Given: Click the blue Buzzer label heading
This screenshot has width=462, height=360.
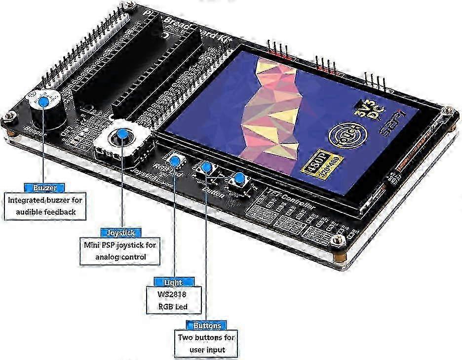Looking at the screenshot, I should pos(45,188).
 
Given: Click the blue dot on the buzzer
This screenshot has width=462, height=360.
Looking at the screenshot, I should pos(44,102).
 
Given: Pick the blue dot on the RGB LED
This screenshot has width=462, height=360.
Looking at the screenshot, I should pos(174,160).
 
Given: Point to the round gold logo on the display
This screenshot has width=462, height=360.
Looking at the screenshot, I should pos(344,134).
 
